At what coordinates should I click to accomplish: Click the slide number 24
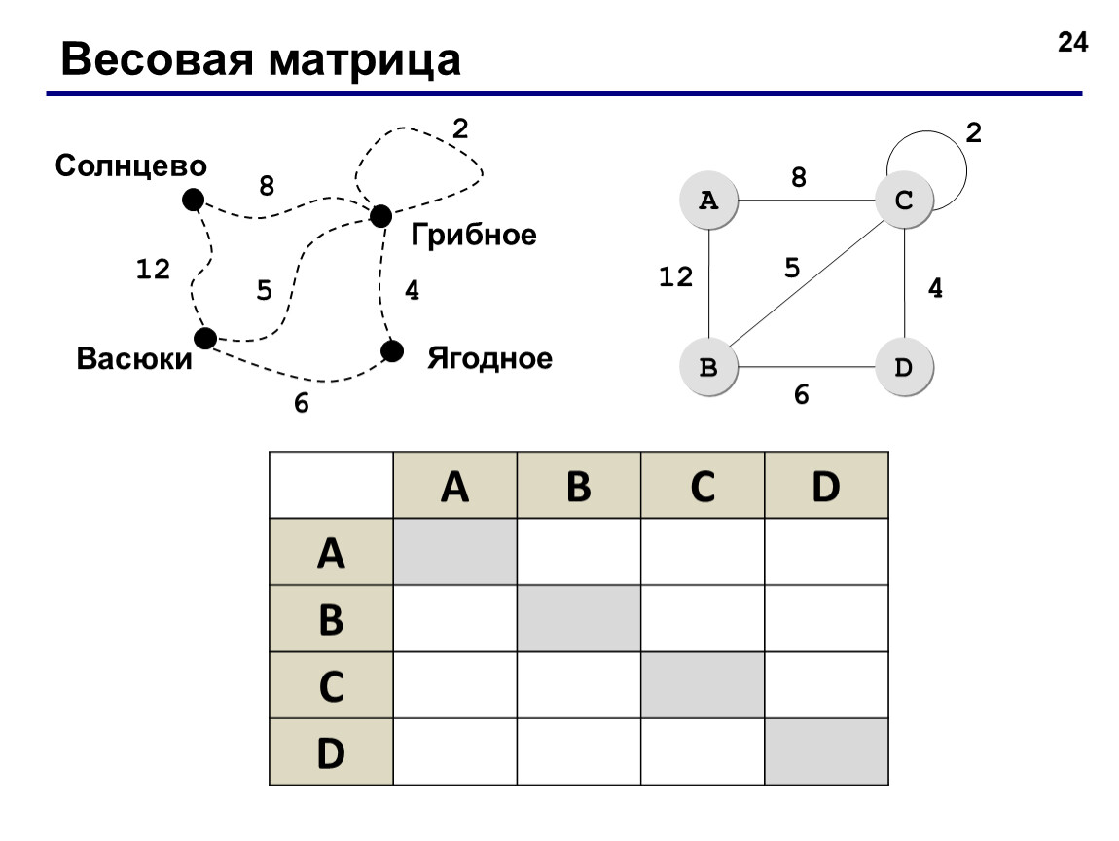click(x=1072, y=42)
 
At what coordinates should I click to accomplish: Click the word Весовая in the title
click(x=157, y=59)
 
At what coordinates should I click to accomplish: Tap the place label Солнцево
click(x=130, y=165)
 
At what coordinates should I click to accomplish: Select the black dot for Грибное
click(x=380, y=216)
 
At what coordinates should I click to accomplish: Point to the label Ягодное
click(x=489, y=358)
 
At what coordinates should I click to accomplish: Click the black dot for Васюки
click(x=205, y=339)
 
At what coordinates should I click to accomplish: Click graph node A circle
click(x=708, y=200)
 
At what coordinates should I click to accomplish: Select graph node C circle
click(x=904, y=200)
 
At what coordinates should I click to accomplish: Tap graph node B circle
click(x=708, y=367)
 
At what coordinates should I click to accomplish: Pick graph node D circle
click(x=904, y=367)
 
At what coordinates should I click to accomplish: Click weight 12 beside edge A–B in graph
click(x=675, y=277)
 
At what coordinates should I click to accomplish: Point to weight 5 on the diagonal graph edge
click(x=792, y=269)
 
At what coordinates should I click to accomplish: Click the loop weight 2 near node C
click(x=973, y=132)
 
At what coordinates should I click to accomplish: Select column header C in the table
click(x=703, y=486)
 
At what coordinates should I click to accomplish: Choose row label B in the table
click(x=331, y=619)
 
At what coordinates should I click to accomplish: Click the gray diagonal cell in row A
click(x=455, y=552)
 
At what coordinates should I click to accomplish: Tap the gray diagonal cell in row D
click(x=826, y=751)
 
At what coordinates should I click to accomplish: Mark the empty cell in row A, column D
click(x=826, y=552)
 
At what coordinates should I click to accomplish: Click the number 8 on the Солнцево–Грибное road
click(x=267, y=186)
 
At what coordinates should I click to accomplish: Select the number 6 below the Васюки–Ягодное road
click(x=302, y=403)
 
